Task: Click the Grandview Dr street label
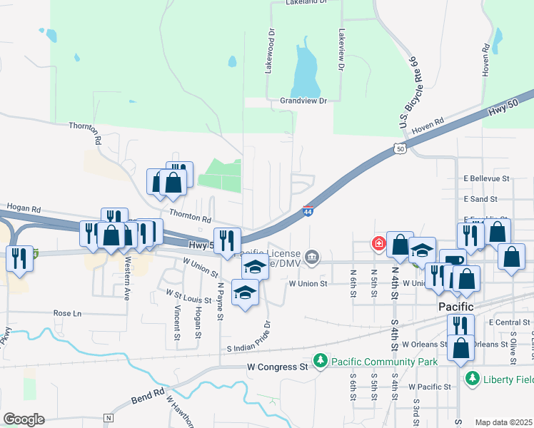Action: click(303, 101)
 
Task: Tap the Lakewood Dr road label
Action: click(270, 51)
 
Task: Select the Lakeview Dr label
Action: click(341, 49)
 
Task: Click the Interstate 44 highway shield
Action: click(308, 211)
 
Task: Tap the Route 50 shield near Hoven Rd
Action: click(400, 148)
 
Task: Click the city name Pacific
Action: click(455, 306)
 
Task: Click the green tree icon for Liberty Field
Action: click(472, 379)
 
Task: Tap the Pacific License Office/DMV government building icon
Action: click(312, 257)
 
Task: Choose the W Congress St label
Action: click(276, 367)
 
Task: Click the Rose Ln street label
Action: click(68, 313)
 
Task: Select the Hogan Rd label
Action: click(25, 208)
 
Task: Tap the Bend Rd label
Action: click(148, 394)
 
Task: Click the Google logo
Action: click(24, 419)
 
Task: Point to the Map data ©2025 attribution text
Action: click(503, 422)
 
